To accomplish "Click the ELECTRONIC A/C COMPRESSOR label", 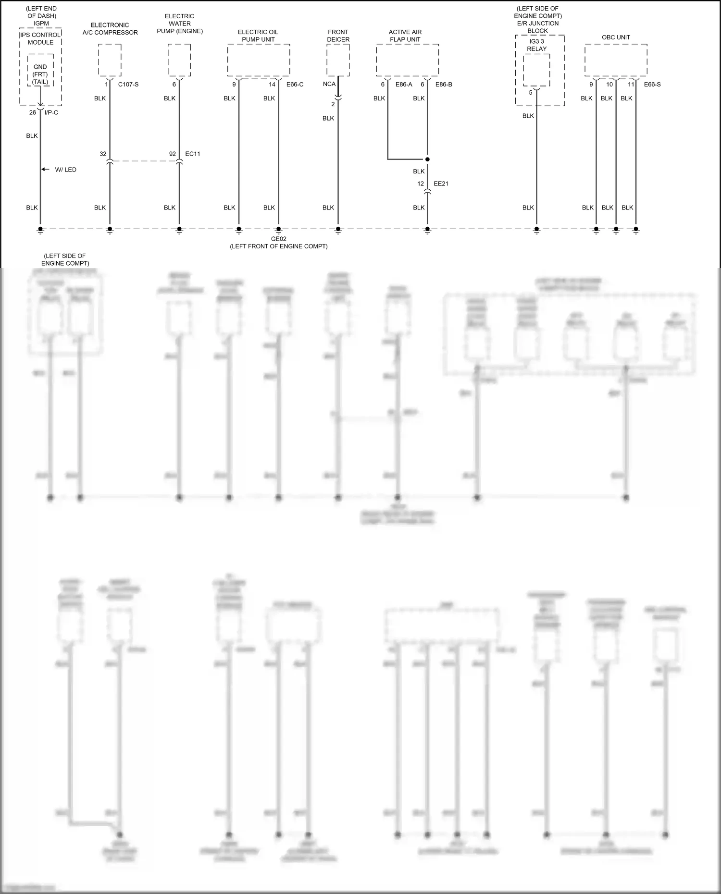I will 110,29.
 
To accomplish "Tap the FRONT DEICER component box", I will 338,60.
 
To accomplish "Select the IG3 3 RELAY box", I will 536,70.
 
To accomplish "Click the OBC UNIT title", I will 616,37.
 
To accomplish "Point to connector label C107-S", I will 128,85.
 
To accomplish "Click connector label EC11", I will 193,154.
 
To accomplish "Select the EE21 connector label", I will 441,184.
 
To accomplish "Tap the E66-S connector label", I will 652,85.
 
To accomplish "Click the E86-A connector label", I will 404,85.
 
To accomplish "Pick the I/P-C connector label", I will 51,112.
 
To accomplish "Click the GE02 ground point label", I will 279,239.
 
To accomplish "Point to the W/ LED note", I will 65,170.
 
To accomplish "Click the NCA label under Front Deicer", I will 329,85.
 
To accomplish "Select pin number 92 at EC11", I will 173,154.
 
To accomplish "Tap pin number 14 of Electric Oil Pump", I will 272,85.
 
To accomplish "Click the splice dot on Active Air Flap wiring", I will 427,159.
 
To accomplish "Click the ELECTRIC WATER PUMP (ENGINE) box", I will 179,60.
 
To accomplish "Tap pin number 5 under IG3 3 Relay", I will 531,93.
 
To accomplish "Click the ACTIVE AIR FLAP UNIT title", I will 405,36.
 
